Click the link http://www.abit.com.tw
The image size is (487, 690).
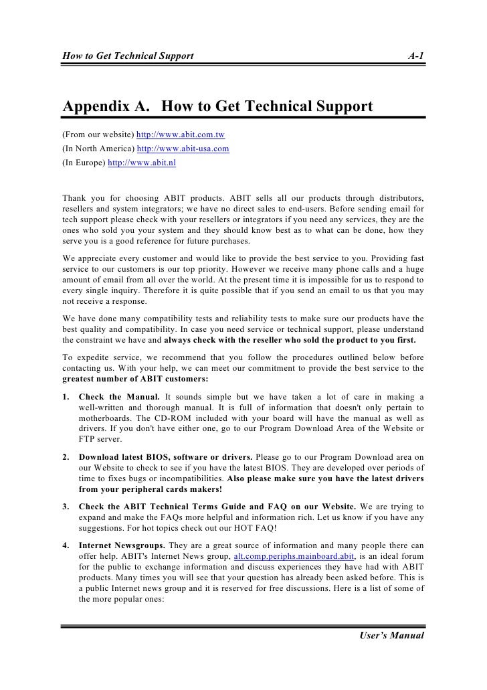click(181, 135)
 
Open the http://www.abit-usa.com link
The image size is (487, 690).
click(183, 149)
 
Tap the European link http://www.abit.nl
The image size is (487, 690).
click(141, 162)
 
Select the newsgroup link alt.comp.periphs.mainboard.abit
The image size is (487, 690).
click(293, 555)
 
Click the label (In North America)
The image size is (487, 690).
click(98, 149)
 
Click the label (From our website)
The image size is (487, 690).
click(97, 135)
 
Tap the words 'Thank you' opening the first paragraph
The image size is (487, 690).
click(86, 197)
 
